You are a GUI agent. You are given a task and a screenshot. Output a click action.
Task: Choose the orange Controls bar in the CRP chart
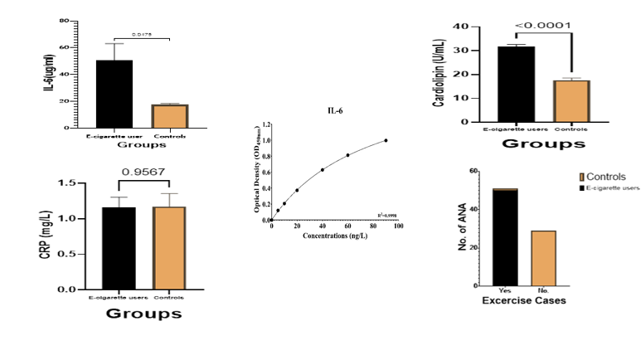click(x=168, y=248)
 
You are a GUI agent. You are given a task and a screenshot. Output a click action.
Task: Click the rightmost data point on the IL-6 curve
click(x=386, y=140)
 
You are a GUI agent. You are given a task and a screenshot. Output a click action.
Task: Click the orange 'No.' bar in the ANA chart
click(x=544, y=258)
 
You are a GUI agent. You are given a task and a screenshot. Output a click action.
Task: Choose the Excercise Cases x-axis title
click(x=524, y=299)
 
